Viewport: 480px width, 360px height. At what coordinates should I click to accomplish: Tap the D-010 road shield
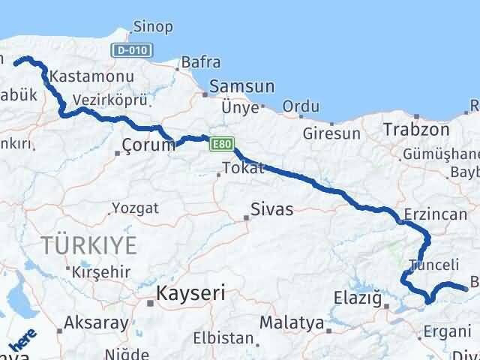[134, 51]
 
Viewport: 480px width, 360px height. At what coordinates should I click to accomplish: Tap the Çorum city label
[148, 145]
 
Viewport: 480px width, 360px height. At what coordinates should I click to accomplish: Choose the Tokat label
[244, 168]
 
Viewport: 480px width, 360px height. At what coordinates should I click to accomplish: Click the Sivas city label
[271, 208]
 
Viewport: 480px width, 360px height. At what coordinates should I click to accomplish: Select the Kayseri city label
[187, 292]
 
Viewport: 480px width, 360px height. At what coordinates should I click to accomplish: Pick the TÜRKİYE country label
[90, 244]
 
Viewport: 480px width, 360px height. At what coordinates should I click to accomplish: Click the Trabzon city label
[416, 130]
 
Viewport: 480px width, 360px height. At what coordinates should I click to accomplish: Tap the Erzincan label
[435, 214]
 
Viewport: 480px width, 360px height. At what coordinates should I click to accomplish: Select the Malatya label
[292, 323]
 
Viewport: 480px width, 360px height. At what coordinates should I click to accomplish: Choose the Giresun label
[332, 133]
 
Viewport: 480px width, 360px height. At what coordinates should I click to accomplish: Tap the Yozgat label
[135, 208]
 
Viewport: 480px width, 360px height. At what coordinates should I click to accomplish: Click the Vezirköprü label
[110, 100]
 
